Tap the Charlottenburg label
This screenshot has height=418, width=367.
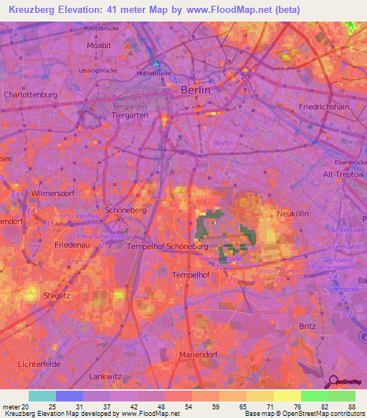click(x=28, y=94)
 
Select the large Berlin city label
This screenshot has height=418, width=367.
click(x=194, y=90)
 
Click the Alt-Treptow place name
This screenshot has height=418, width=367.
click(x=343, y=175)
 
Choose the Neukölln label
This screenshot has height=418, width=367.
click(x=292, y=214)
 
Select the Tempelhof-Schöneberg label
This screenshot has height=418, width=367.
click(x=161, y=246)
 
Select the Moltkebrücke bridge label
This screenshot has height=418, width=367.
click(x=154, y=73)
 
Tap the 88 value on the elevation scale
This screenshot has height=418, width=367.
click(x=351, y=407)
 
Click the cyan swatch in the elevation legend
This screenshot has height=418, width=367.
click(x=42, y=396)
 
